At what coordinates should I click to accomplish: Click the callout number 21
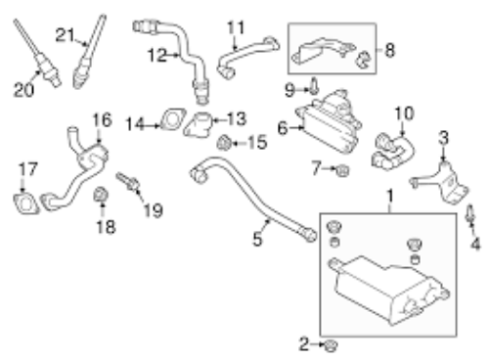click(x=66, y=35)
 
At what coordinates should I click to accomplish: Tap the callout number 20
click(x=23, y=90)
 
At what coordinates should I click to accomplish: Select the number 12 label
click(x=157, y=55)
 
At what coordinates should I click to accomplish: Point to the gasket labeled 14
click(x=172, y=119)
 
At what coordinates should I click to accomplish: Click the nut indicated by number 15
click(x=224, y=143)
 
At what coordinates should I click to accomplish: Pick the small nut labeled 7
click(x=342, y=170)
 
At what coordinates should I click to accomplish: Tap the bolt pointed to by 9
click(x=314, y=86)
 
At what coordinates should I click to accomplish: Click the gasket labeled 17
click(x=26, y=203)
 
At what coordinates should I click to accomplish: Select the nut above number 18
click(x=101, y=195)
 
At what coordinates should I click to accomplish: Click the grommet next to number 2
click(x=332, y=345)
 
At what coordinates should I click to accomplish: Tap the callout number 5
click(x=257, y=240)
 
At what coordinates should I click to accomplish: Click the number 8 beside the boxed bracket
click(x=389, y=51)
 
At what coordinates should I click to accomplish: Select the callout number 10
click(x=404, y=113)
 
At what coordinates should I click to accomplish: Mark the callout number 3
click(x=443, y=138)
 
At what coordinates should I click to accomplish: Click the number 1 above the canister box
click(x=390, y=196)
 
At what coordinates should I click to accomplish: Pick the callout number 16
click(x=102, y=119)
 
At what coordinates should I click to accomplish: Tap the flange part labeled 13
click(x=199, y=124)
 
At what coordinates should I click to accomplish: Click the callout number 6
click(x=283, y=128)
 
